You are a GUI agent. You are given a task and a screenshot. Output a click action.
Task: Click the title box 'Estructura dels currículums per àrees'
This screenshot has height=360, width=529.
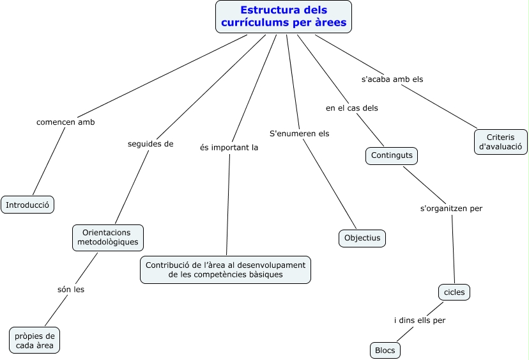point(284,17)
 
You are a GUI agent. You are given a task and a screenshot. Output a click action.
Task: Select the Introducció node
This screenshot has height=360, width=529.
point(27,205)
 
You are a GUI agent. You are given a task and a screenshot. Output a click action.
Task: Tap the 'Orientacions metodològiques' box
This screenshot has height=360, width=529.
point(108,237)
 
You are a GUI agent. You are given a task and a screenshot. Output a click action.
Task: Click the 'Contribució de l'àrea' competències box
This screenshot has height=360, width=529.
point(226,269)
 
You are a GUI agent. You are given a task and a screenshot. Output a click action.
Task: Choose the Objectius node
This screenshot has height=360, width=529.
point(362,239)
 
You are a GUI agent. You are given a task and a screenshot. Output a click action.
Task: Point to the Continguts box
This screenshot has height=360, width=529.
point(391,155)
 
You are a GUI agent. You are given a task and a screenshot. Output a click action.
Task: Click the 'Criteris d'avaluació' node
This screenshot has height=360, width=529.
point(501,142)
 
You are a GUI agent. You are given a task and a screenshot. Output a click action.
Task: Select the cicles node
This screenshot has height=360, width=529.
point(455,292)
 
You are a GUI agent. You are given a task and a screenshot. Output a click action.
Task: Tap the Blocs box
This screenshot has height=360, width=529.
point(385,350)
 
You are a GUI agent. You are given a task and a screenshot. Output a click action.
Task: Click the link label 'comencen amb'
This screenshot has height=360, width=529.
point(65,122)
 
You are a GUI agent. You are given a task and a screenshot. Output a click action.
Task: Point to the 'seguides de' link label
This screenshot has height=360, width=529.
point(151,144)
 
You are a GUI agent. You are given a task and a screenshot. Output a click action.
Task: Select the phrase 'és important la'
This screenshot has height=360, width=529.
point(229,146)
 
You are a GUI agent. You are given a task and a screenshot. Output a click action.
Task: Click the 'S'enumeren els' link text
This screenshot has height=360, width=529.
point(300,133)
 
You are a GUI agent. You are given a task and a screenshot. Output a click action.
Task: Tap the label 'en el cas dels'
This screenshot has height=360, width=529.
point(352,108)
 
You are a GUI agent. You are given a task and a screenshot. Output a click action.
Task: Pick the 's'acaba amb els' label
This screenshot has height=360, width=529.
point(392,79)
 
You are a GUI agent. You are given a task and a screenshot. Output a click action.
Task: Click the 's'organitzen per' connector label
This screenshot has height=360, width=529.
point(451,208)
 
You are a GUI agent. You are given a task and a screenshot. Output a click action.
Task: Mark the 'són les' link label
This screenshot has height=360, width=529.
point(70,289)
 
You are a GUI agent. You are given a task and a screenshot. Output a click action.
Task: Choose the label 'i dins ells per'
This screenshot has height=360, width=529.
point(419,320)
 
